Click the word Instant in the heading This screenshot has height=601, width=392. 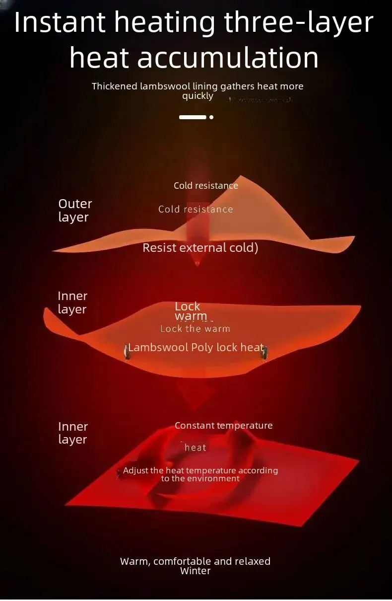(60, 23)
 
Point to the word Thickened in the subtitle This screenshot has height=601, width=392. (114, 86)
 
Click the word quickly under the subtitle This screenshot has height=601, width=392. (197, 96)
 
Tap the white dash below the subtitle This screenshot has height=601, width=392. (193, 117)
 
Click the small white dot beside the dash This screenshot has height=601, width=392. (211, 117)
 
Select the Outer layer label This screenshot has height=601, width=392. (75, 210)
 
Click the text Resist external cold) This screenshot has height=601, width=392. (200, 248)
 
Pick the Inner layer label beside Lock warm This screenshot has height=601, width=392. (72, 302)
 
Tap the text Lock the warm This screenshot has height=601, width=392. (195, 329)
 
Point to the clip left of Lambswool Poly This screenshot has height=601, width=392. (126, 351)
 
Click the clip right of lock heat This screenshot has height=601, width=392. (264, 352)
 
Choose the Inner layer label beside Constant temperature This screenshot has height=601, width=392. (73, 433)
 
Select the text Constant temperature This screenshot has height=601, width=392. (223, 426)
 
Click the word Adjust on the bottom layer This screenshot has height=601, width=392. (136, 470)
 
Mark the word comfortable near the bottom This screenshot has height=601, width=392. (182, 561)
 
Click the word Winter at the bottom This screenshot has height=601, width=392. (196, 571)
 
